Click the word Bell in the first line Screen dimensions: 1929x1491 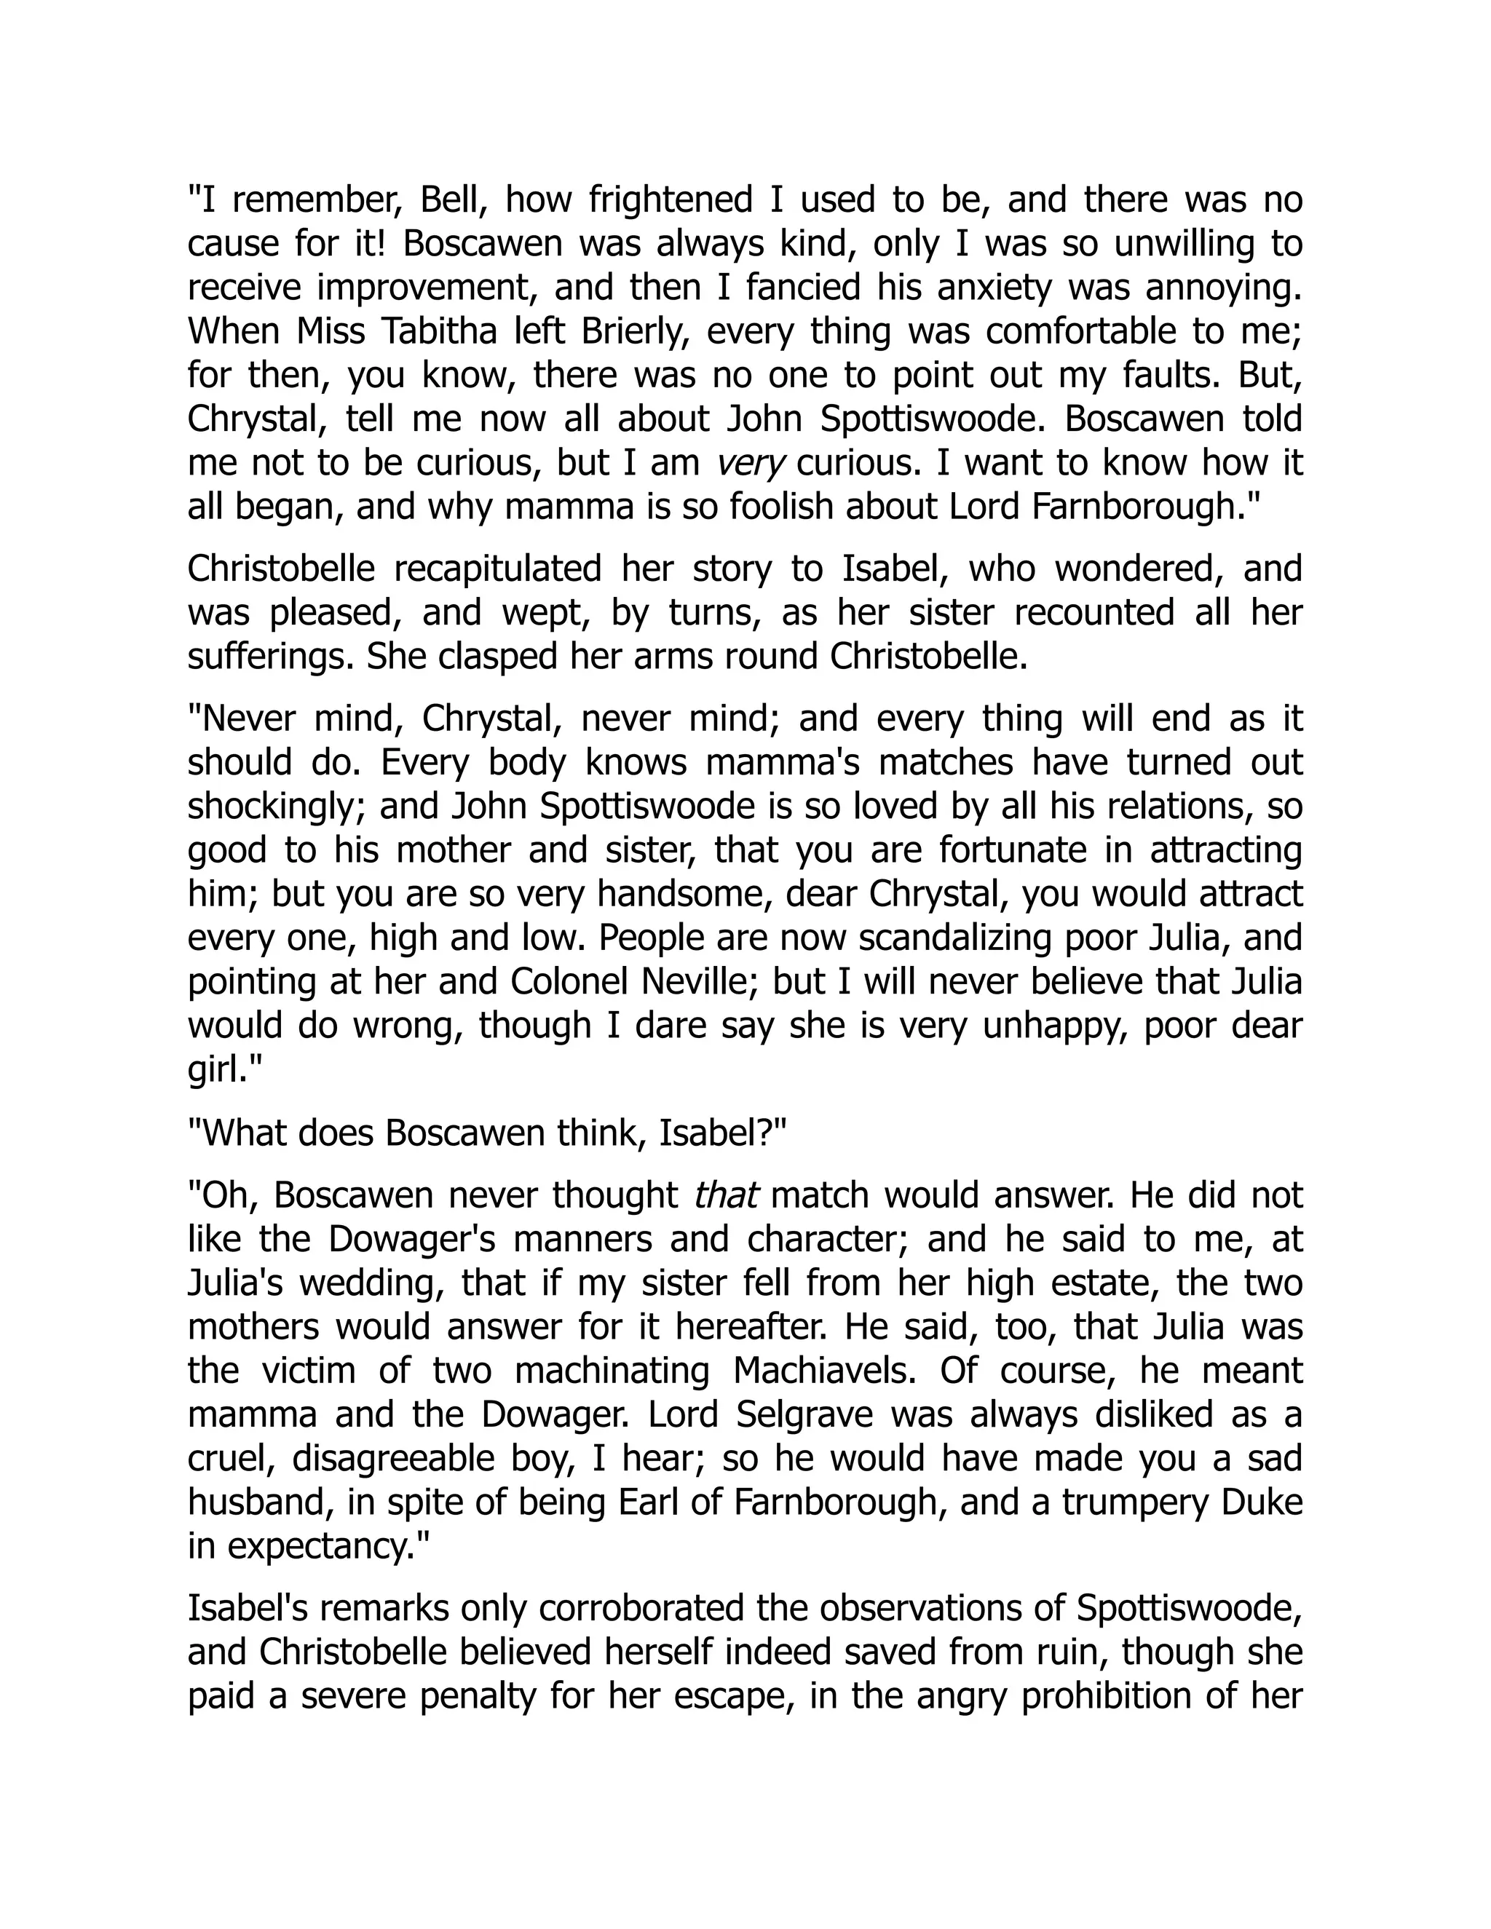click(451, 200)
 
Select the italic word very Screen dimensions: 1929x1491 click(751, 464)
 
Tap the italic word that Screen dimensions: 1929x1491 click(726, 1196)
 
